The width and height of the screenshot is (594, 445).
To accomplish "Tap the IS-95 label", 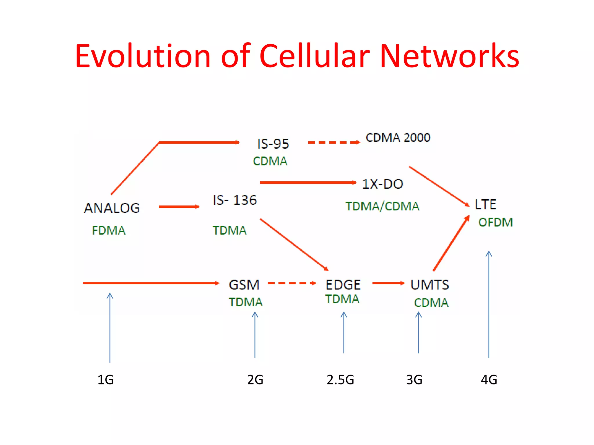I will click(273, 144).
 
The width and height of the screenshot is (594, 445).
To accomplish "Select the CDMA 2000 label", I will click(398, 138).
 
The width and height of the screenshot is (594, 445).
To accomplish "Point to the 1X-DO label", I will click(382, 184).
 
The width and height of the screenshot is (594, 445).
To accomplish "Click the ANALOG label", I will click(112, 208).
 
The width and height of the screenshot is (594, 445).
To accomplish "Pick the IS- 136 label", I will click(235, 200).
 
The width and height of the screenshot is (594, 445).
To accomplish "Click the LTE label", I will click(485, 205).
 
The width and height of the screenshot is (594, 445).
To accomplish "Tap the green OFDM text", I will click(495, 222).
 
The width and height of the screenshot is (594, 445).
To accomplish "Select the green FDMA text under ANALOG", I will click(108, 231).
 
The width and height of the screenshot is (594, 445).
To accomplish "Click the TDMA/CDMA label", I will click(382, 206).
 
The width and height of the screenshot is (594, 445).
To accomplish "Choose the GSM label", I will click(244, 285).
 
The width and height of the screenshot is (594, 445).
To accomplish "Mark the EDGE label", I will click(343, 285).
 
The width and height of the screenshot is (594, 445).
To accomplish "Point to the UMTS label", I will click(430, 285).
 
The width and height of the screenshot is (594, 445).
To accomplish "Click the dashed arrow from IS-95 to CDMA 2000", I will click(334, 142).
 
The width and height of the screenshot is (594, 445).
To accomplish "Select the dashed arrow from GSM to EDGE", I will click(291, 283).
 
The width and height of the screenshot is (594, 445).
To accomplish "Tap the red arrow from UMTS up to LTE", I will click(451, 243).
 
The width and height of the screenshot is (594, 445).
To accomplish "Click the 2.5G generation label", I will click(340, 380).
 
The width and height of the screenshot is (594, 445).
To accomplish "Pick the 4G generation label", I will click(489, 380).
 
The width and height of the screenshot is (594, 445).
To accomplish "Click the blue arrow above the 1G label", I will click(110, 327).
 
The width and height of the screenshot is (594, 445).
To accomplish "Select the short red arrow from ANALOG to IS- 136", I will click(179, 207).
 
